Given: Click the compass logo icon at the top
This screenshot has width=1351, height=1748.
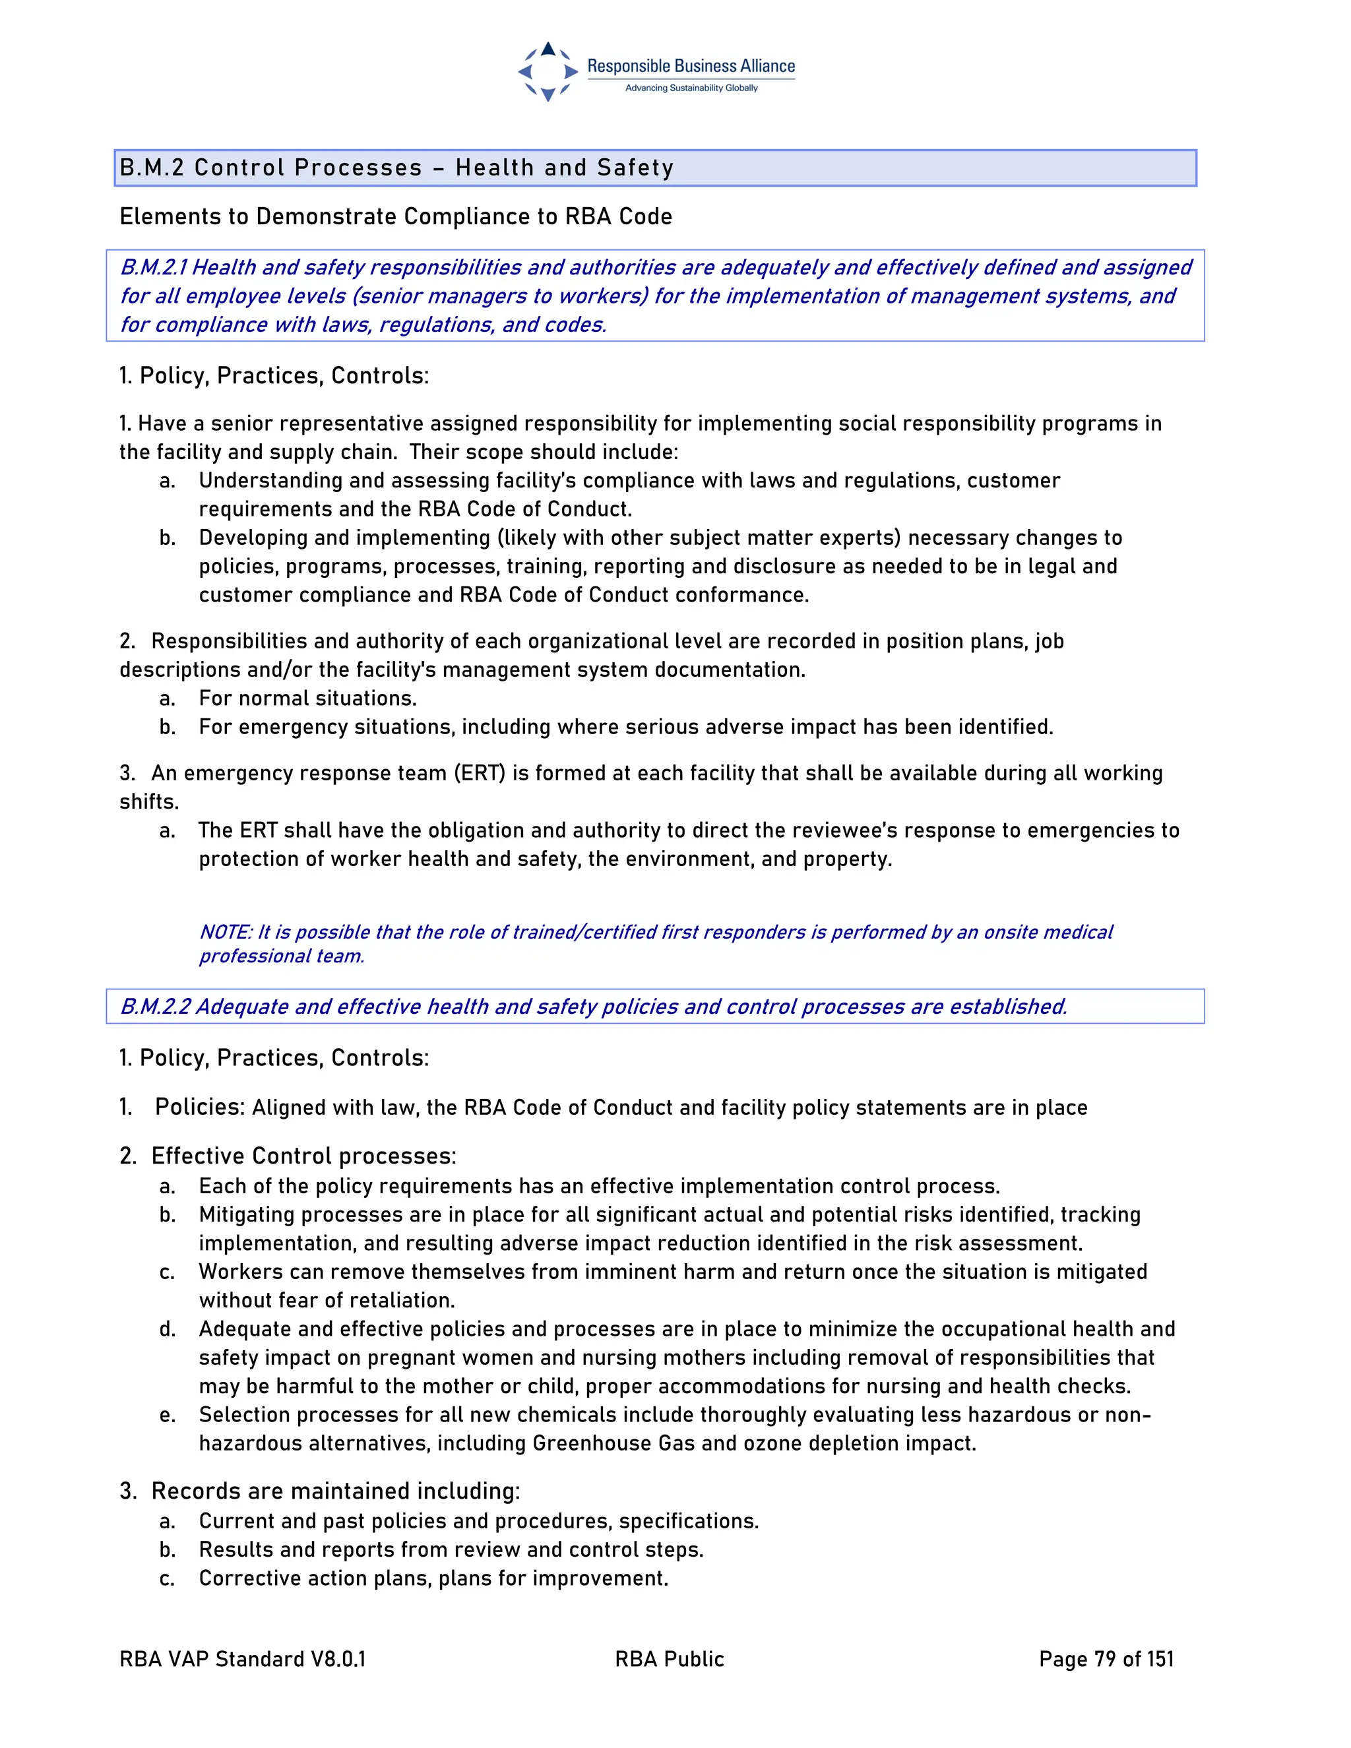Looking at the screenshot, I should pyautogui.click(x=548, y=72).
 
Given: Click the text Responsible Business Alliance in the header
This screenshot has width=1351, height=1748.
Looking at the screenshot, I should pyautogui.click(x=691, y=67).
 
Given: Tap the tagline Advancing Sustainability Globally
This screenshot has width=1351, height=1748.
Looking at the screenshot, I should pyautogui.click(x=691, y=88).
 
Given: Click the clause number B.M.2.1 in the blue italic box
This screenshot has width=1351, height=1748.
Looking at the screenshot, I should pyautogui.click(x=154, y=267).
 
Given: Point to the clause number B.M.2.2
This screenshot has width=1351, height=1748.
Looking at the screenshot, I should pyautogui.click(x=155, y=1006).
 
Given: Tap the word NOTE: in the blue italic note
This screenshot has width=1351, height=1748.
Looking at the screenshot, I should pyautogui.click(x=226, y=933).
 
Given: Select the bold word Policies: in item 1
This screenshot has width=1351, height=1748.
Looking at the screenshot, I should pyautogui.click(x=199, y=1107).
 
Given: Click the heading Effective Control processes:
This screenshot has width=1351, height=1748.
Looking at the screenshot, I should pyautogui.click(x=303, y=1156).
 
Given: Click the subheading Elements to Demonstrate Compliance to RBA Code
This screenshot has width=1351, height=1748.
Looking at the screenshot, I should pyautogui.click(x=395, y=217).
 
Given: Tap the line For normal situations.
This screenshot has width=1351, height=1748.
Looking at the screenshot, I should pyautogui.click(x=307, y=699).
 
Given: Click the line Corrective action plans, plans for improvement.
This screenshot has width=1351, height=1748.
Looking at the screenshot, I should pyautogui.click(x=433, y=1578).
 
